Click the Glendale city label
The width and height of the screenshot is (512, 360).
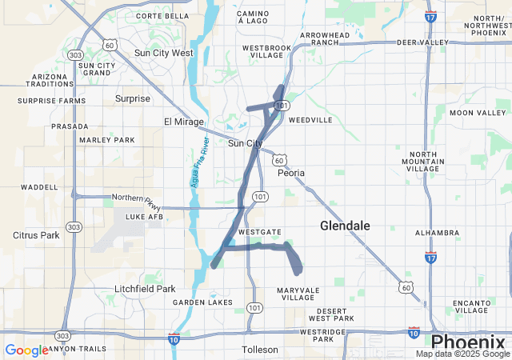[345, 226]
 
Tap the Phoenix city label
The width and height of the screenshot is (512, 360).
[469, 342]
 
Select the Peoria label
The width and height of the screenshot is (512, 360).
[290, 172]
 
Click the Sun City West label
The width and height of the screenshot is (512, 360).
[164, 53]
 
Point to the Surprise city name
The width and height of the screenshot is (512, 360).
[133, 98]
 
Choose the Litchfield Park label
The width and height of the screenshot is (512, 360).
[145, 288]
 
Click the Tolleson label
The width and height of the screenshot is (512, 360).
[260, 350]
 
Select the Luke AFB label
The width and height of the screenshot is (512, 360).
[143, 216]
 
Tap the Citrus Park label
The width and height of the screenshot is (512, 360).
[37, 235]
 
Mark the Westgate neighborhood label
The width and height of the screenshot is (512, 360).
[259, 231]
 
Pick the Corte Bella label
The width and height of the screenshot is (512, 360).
[162, 15]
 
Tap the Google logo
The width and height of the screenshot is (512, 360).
[26, 350]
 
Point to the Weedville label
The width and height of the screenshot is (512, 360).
[310, 120]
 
